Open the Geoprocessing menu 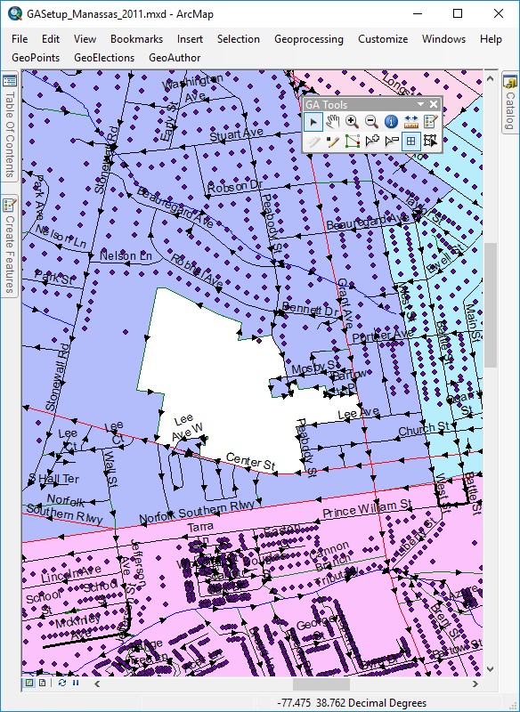pyautogui.click(x=308, y=39)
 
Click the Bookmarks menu pyautogui.click(x=136, y=39)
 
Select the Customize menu pyautogui.click(x=383, y=39)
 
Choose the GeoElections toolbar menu pyautogui.click(x=104, y=58)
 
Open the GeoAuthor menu pyautogui.click(x=175, y=58)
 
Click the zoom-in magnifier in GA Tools pyautogui.click(x=353, y=122)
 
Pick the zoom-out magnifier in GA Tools pyautogui.click(x=371, y=122)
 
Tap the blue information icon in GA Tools pyautogui.click(x=391, y=122)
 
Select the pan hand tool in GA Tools pyautogui.click(x=333, y=122)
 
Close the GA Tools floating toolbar pyautogui.click(x=434, y=104)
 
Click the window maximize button pyautogui.click(x=458, y=13)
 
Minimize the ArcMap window pyautogui.click(x=417, y=13)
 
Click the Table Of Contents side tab pyautogui.click(x=9, y=133)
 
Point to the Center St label pyautogui.click(x=251, y=461)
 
